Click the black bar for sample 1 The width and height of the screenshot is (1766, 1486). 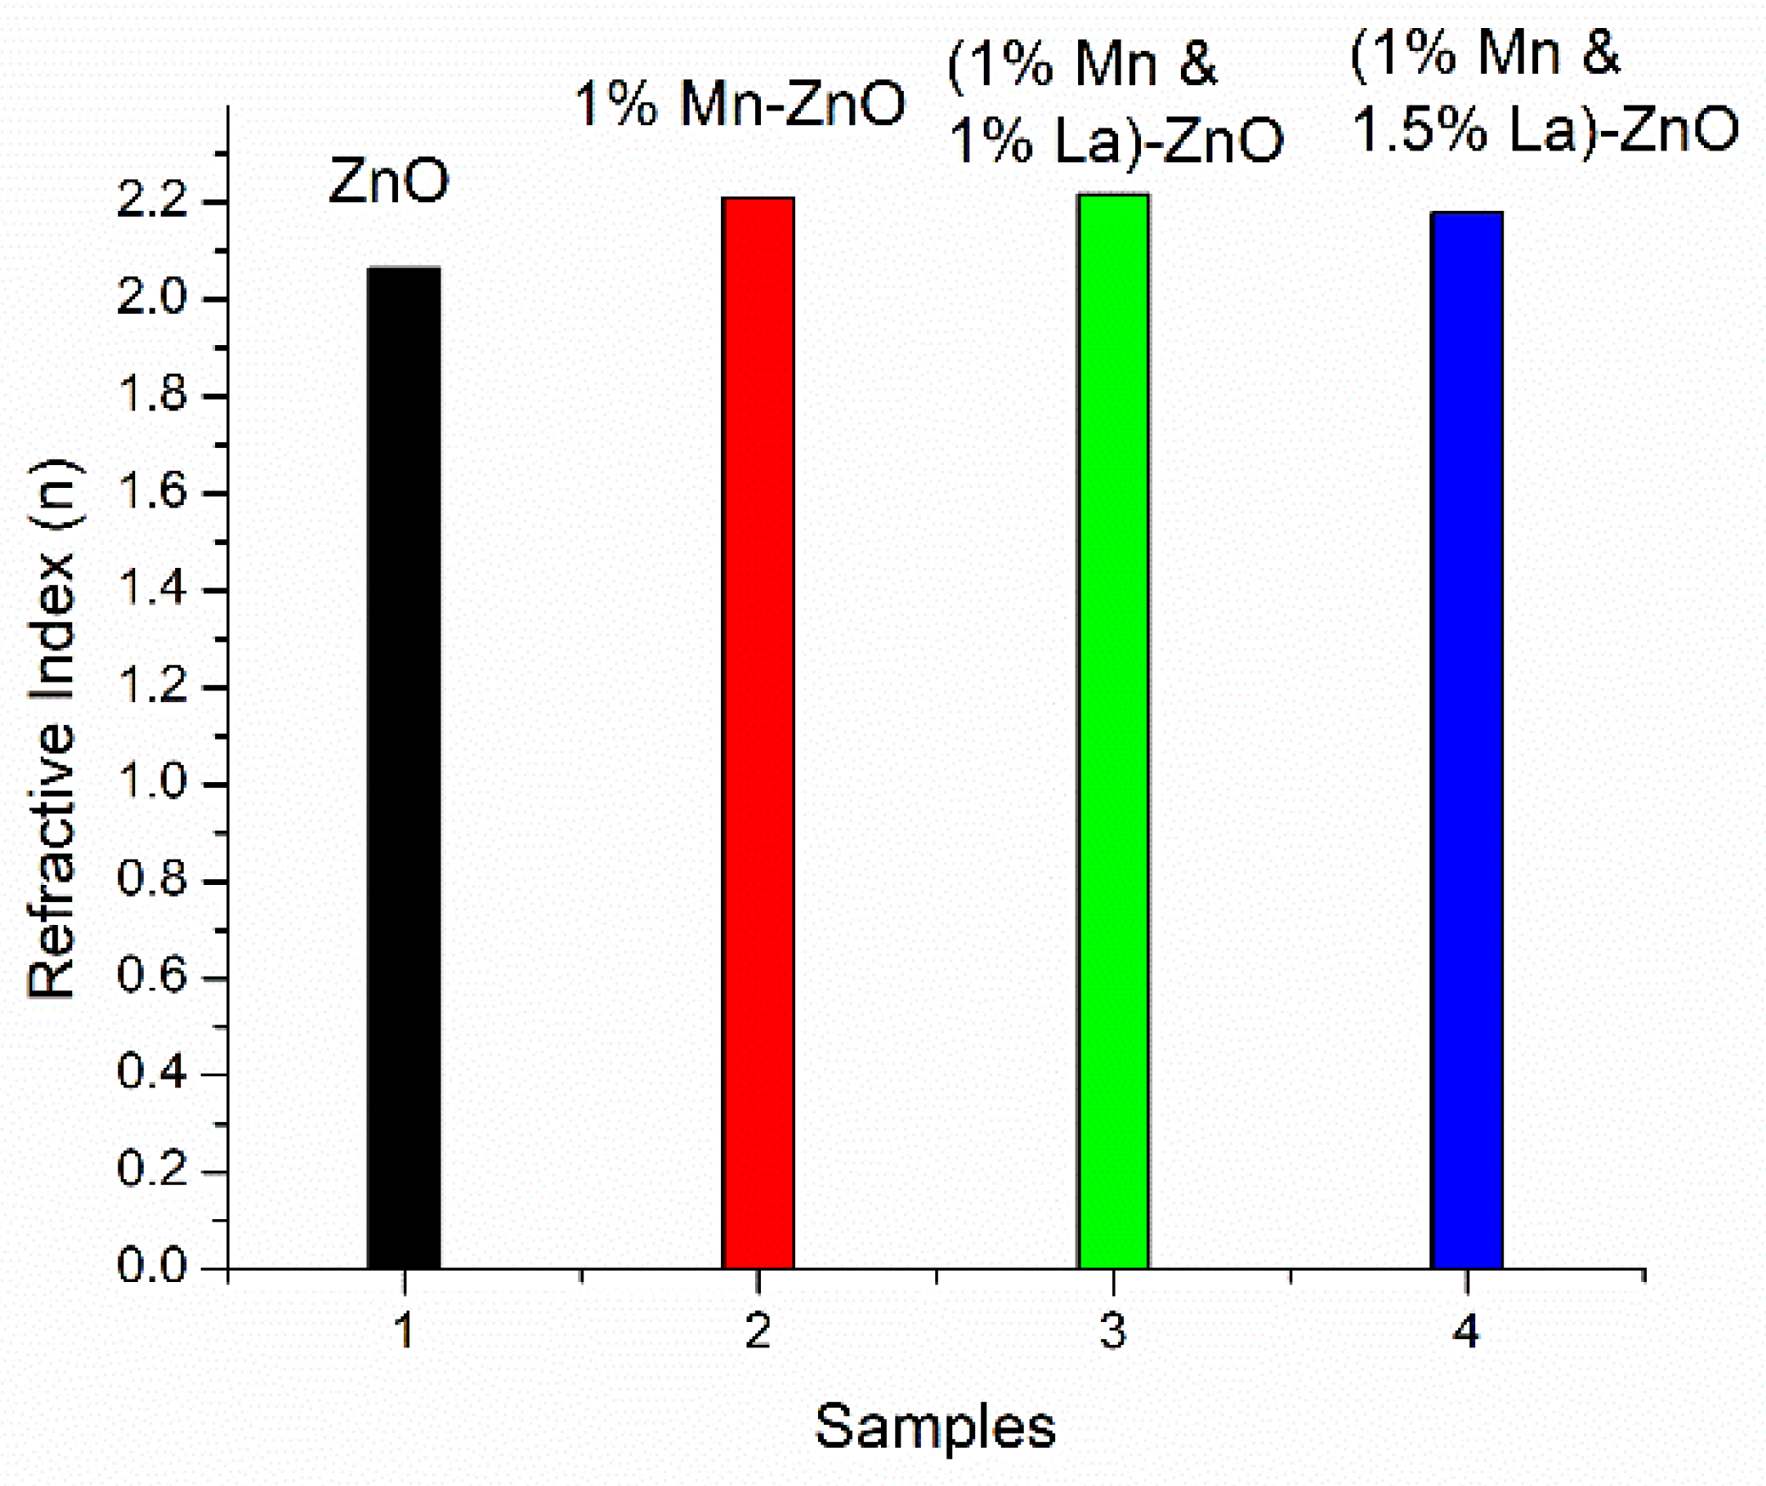(404, 765)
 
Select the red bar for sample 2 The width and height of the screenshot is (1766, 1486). (758, 731)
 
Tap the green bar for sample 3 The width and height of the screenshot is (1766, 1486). (1113, 731)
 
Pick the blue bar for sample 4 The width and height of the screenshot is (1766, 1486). (1467, 740)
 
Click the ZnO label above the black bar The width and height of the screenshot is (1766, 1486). (389, 181)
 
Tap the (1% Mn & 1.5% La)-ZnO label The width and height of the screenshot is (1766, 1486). (1543, 92)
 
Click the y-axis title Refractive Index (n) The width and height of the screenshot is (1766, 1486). (53, 729)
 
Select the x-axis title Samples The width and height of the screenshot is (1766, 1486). (934, 1426)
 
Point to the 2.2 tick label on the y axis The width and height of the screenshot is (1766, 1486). (151, 201)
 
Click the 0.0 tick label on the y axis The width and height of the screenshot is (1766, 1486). (151, 1266)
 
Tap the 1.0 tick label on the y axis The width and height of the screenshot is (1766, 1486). (151, 782)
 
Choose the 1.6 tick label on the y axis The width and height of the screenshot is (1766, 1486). (151, 491)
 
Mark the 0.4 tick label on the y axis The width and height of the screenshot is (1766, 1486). (151, 1073)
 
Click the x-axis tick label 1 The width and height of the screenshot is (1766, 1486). (404, 1331)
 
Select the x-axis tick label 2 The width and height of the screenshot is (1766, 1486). (758, 1331)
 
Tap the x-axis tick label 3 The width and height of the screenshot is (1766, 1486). (1113, 1331)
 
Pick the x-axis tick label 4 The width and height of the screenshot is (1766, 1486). (1466, 1331)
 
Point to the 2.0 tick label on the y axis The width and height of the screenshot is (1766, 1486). (151, 298)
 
